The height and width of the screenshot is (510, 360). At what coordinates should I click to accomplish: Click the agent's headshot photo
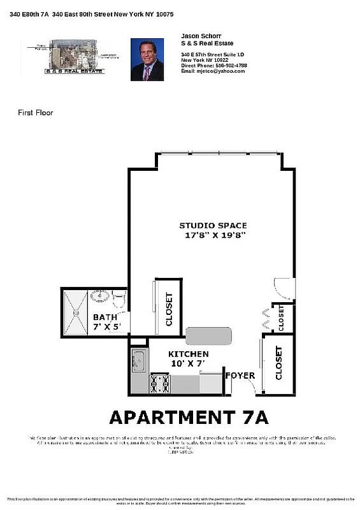point(147,59)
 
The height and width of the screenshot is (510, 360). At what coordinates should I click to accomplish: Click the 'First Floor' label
point(35,113)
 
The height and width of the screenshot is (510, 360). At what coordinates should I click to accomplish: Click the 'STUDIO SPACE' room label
point(213,226)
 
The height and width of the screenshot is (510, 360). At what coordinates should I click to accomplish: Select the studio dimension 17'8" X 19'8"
point(212,235)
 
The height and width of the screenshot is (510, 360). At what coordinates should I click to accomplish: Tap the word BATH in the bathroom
point(104,317)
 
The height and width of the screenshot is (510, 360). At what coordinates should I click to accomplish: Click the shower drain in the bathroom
point(75,313)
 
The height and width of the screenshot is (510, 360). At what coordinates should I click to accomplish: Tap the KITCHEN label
point(188,354)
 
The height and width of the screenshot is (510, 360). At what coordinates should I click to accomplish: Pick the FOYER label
point(240,375)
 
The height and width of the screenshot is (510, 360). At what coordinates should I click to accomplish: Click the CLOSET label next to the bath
point(169,309)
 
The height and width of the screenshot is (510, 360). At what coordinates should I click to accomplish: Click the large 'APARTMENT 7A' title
point(189,418)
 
